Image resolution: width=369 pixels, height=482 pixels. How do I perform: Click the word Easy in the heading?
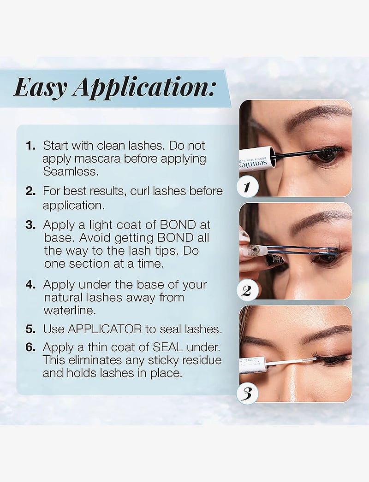click(40, 87)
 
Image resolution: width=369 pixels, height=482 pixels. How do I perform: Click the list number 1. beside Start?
click(31, 146)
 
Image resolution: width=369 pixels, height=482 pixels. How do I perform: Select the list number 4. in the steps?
click(31, 285)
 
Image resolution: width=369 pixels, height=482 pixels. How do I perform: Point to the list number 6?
click(31, 347)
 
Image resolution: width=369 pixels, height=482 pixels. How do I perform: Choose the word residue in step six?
click(202, 360)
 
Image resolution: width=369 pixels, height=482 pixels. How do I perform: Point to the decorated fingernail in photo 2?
click(253, 251)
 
